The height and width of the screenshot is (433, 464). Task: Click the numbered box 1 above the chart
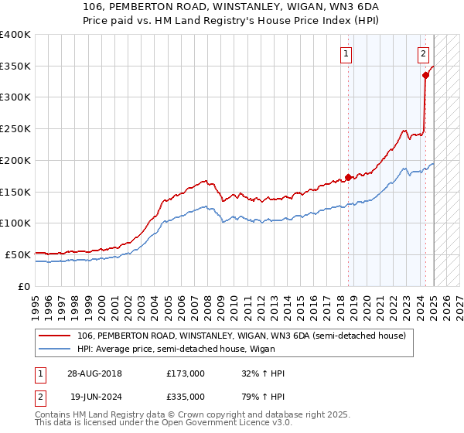pos(345,54)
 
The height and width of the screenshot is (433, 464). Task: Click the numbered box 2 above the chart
pos(424,54)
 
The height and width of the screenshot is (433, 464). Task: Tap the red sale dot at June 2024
pos(425,75)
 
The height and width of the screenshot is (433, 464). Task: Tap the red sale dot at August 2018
pos(348,177)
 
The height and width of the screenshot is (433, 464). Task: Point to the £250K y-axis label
pos(15,129)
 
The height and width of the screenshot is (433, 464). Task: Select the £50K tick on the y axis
pos(19,254)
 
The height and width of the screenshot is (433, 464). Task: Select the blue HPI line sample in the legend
pos(54,349)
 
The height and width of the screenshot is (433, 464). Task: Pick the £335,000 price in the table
pos(186,397)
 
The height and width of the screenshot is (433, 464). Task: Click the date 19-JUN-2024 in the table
pos(94,397)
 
